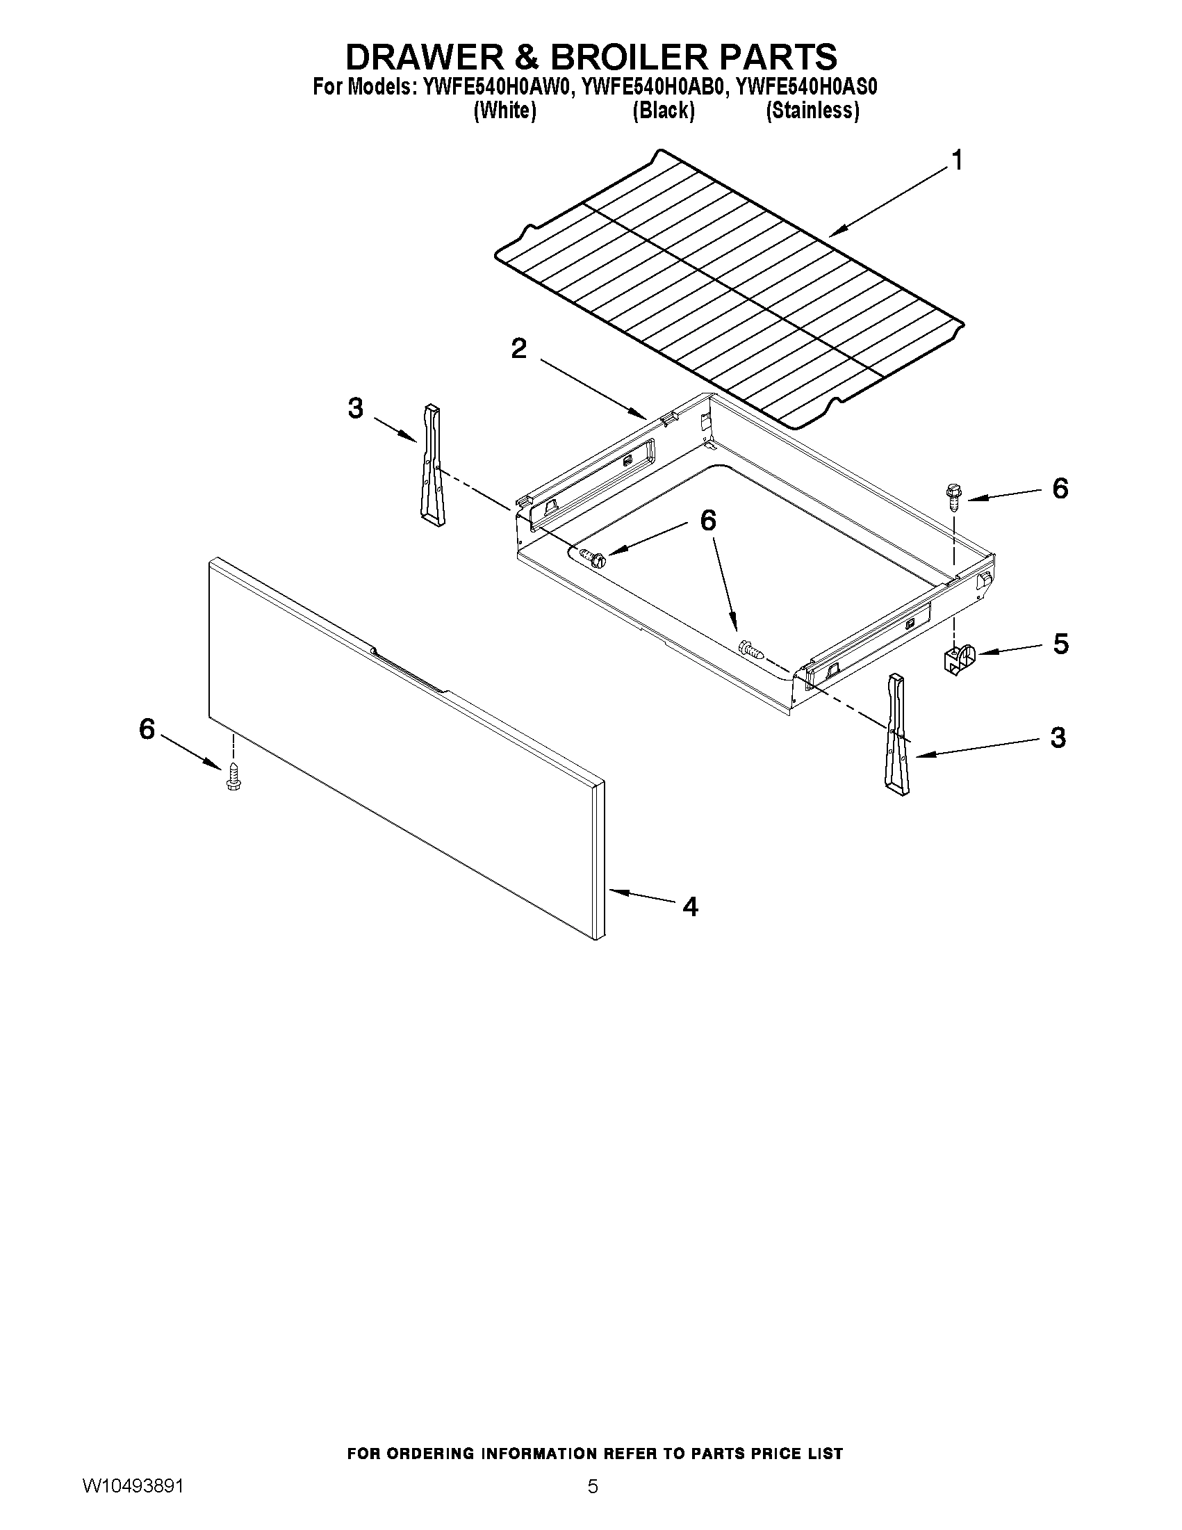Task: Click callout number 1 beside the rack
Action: [956, 161]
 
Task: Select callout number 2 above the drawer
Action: [518, 348]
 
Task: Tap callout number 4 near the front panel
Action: [690, 907]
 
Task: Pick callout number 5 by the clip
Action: [1060, 644]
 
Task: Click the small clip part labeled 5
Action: [958, 659]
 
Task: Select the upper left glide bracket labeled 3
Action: [432, 465]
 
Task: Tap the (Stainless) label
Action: [812, 111]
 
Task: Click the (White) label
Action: [505, 111]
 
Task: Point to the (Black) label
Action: [663, 111]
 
